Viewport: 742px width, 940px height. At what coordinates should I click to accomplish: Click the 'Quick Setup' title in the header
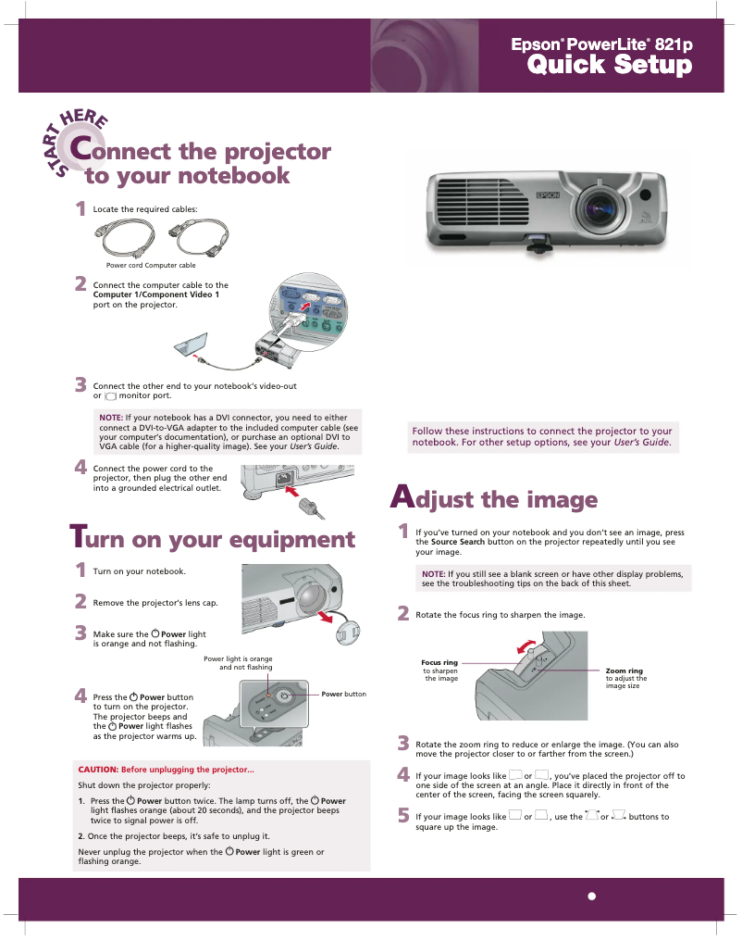coord(609,66)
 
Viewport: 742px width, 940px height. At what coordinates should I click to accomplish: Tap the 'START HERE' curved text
coord(79,140)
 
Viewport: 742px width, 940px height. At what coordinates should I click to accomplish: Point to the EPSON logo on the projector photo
coord(546,196)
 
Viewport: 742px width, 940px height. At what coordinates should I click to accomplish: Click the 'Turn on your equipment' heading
coord(213,539)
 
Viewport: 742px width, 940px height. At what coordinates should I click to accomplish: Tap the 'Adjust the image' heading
coord(494,499)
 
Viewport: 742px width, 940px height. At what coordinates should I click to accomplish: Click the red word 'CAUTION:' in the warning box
coord(98,770)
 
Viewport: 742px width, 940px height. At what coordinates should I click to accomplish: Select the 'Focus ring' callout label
coord(439,663)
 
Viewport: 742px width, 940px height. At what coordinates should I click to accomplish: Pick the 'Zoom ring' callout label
coord(624,671)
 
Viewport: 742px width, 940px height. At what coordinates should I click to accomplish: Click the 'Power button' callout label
coord(343,694)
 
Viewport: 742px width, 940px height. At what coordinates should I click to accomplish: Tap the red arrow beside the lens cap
coord(327,617)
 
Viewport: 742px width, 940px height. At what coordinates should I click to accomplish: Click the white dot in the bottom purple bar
coord(591,896)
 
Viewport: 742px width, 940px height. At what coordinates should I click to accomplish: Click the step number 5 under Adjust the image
coord(402,816)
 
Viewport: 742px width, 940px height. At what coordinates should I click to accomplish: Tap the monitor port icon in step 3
coord(111,396)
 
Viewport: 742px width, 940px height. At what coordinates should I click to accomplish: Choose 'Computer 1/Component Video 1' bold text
coord(155,295)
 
